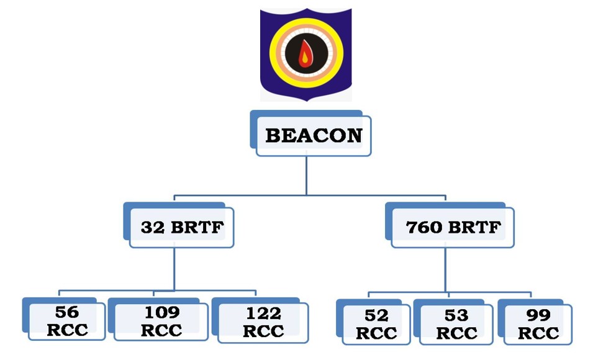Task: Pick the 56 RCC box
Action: [67, 321]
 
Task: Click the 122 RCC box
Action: [263, 321]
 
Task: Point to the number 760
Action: [423, 227]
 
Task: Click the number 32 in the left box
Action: [152, 227]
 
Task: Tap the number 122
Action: [263, 312]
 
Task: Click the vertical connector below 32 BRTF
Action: [174, 267]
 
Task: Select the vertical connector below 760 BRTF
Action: [445, 267]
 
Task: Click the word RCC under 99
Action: [538, 333]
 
